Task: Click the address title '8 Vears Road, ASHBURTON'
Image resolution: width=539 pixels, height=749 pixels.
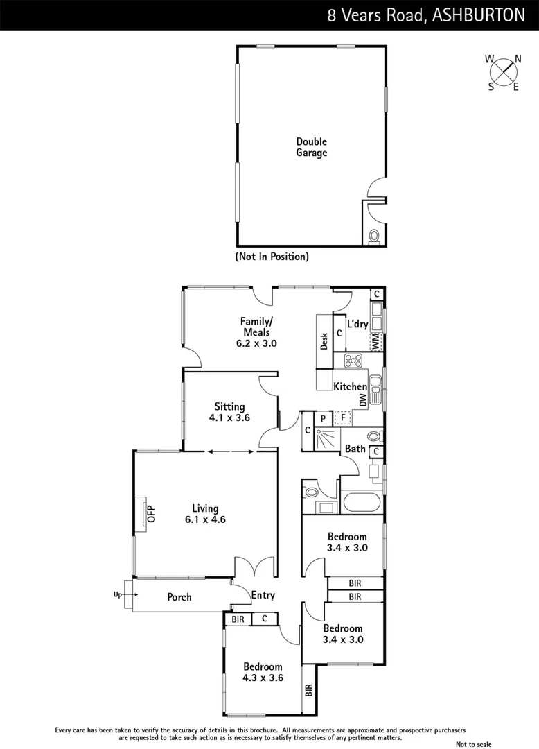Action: tap(426, 15)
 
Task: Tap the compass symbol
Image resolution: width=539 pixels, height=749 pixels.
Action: tap(504, 71)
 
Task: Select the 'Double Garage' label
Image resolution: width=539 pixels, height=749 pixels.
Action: tap(311, 147)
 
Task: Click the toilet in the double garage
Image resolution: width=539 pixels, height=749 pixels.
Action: tap(375, 236)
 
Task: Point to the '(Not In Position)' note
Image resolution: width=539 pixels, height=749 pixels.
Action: tap(272, 257)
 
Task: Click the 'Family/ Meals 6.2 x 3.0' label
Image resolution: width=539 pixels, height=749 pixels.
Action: tap(256, 332)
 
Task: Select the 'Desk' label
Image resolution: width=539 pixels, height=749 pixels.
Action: tap(324, 341)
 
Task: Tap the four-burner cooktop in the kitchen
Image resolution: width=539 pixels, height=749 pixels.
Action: tap(353, 361)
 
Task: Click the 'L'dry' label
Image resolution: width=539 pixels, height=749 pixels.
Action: tap(357, 324)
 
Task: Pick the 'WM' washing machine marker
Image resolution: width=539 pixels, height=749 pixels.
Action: tap(375, 341)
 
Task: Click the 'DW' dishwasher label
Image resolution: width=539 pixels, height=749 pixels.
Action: tap(362, 400)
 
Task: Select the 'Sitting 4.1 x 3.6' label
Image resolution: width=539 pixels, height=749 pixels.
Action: tap(229, 412)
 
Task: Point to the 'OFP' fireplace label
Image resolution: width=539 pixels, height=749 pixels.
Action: tap(152, 514)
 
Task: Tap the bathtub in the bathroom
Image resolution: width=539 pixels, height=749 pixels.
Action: tap(360, 502)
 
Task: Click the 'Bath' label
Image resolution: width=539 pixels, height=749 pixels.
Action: tap(355, 449)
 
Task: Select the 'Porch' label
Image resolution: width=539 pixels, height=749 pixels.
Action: tap(179, 597)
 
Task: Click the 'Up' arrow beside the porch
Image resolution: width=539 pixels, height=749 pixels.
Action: tap(121, 594)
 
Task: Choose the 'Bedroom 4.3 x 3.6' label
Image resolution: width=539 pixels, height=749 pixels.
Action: tap(263, 672)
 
